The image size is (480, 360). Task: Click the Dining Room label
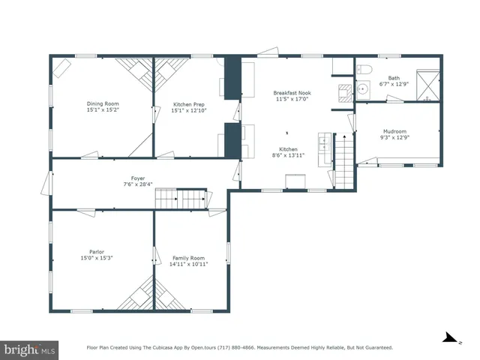(x=103, y=103)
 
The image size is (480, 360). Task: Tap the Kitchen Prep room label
(x=188, y=103)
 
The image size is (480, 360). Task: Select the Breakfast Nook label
(x=292, y=93)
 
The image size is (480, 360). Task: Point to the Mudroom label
(x=394, y=131)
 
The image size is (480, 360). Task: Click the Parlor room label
(x=96, y=251)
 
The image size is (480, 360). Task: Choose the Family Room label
(x=188, y=257)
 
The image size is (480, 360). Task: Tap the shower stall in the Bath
(x=427, y=84)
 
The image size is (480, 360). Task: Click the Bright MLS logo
(x=30, y=349)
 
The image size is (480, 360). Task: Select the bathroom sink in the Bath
(x=363, y=88)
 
